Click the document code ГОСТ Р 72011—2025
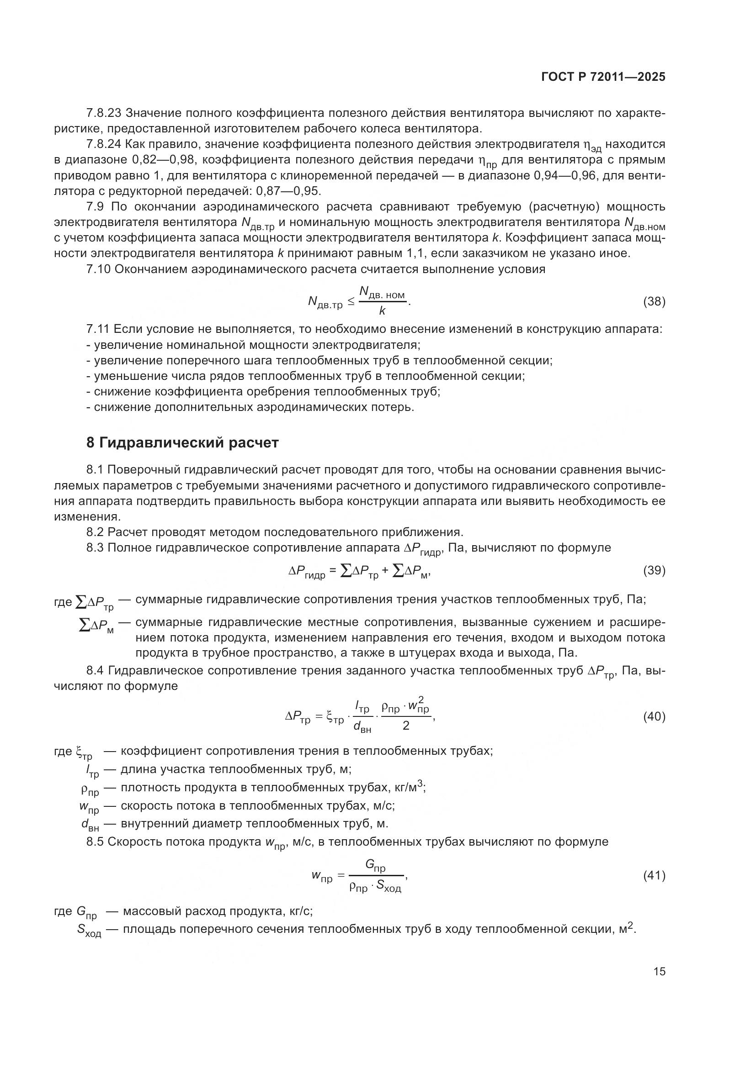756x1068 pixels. pyautogui.click(x=603, y=77)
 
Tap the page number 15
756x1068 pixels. pyautogui.click(x=659, y=971)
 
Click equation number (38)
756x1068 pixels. pyautogui.click(x=654, y=301)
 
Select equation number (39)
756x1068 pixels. pyautogui.click(x=654, y=570)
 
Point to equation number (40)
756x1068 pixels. pyautogui.click(x=654, y=717)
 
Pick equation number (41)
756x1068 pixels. pyautogui.click(x=654, y=876)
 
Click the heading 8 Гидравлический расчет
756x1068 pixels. pyautogui.click(x=182, y=442)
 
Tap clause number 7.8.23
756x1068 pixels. pyautogui.click(x=104, y=113)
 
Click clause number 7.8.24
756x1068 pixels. pyautogui.click(x=104, y=144)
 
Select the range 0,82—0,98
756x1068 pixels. pyautogui.click(x=163, y=160)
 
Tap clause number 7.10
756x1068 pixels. pyautogui.click(x=98, y=269)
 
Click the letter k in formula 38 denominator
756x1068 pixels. pyautogui.click(x=382, y=311)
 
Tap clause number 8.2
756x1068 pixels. pyautogui.click(x=95, y=532)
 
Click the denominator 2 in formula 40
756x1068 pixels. pyautogui.click(x=405, y=726)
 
